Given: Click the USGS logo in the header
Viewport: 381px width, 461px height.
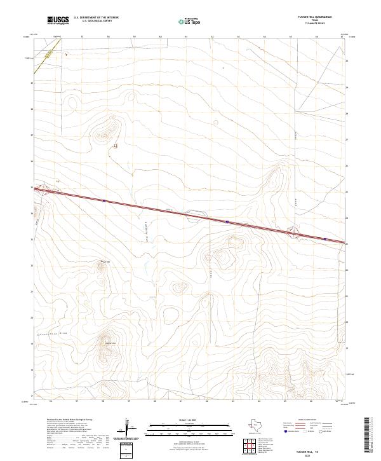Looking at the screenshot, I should point(58,20).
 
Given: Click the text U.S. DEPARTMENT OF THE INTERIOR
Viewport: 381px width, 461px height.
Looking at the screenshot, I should point(96,17).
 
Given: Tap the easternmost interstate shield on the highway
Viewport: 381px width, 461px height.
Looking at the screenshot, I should point(325,239).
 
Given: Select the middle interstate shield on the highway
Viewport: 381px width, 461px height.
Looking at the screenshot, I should point(227,222).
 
